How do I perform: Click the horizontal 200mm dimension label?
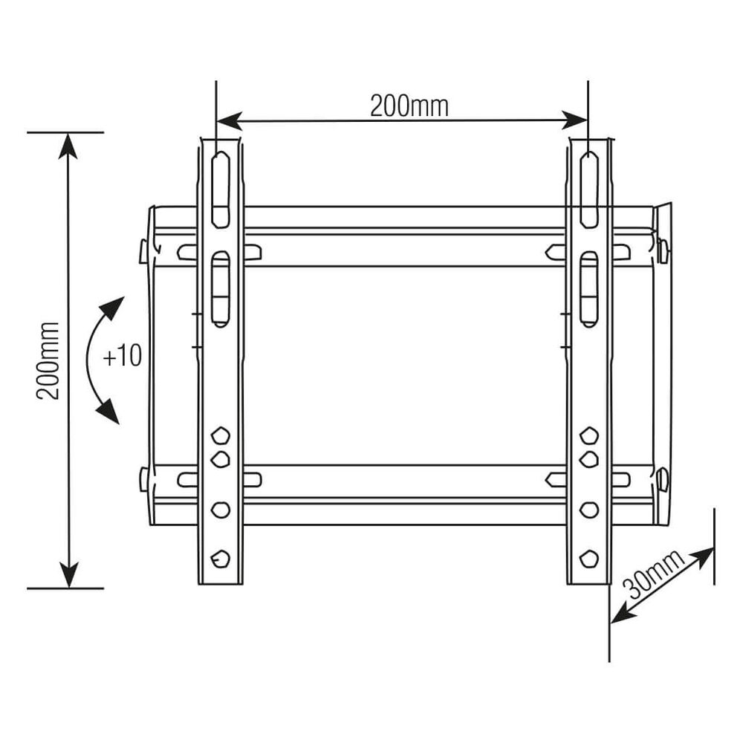(409, 107)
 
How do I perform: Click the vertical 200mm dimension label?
(49, 360)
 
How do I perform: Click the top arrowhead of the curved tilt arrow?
(115, 305)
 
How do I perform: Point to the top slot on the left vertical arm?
(221, 189)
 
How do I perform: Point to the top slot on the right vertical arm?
(588, 189)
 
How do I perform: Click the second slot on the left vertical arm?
(221, 288)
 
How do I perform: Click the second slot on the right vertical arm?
(588, 288)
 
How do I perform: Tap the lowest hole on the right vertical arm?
(588, 557)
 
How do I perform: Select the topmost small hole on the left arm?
(221, 434)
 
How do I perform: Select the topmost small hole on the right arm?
(588, 434)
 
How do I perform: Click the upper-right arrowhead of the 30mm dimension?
(705, 554)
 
